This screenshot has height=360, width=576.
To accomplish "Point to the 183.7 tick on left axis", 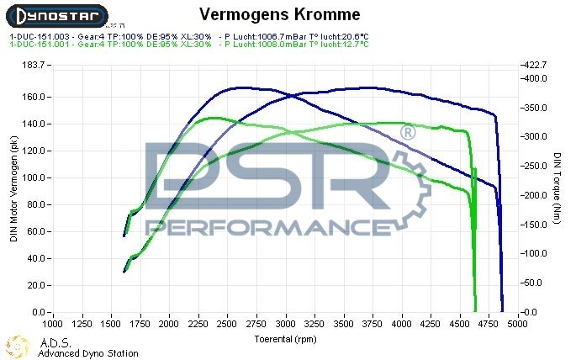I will point(33,65).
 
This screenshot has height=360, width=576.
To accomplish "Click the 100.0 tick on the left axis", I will point(33,177).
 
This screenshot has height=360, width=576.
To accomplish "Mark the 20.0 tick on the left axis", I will point(34,285).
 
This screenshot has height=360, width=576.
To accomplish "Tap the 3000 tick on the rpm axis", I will point(286,323).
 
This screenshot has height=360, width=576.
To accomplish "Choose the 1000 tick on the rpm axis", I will point(53,323).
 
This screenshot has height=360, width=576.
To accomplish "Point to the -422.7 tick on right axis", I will point(535,65).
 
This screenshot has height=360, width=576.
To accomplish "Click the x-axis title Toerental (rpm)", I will point(286,338).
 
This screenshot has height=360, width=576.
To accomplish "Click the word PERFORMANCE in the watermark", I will point(262,227).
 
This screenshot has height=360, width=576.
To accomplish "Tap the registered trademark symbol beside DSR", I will point(407,133).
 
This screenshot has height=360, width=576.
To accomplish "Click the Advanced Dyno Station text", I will point(88,354).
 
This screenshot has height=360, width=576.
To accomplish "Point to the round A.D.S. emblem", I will point(17,346).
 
